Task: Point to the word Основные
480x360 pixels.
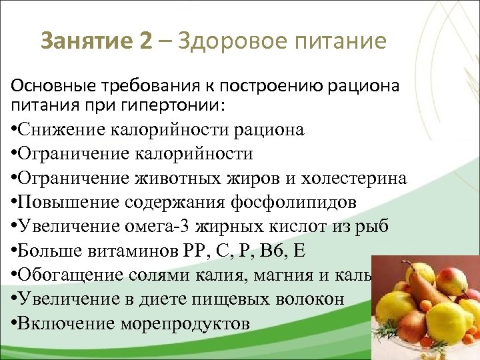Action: (45, 87)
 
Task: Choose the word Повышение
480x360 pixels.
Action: (61, 203)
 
